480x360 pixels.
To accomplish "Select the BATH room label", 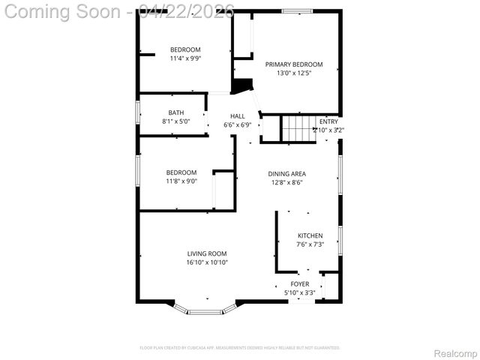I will coord(175,113).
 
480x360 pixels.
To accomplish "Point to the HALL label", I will coord(238,116).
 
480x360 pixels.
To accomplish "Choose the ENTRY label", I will coord(328,121).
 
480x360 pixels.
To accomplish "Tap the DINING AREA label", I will coord(287,174).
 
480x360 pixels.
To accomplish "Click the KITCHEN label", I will coord(310,235).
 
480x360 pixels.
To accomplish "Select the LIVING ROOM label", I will coord(207,254).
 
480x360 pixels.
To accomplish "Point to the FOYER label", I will coord(300,284).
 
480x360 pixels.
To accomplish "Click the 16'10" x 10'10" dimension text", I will coord(207,262).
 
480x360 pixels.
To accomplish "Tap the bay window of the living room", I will coord(204,310).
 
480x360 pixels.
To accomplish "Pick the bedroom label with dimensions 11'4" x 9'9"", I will coord(185,49).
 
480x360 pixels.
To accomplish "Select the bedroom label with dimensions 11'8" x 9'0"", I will coord(181,172).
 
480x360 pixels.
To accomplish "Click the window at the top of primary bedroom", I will coord(297,11).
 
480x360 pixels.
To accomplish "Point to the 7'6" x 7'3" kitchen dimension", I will coord(310,244).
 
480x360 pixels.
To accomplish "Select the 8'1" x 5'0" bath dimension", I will coord(175,121).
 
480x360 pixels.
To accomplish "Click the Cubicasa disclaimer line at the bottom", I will coord(240,348).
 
